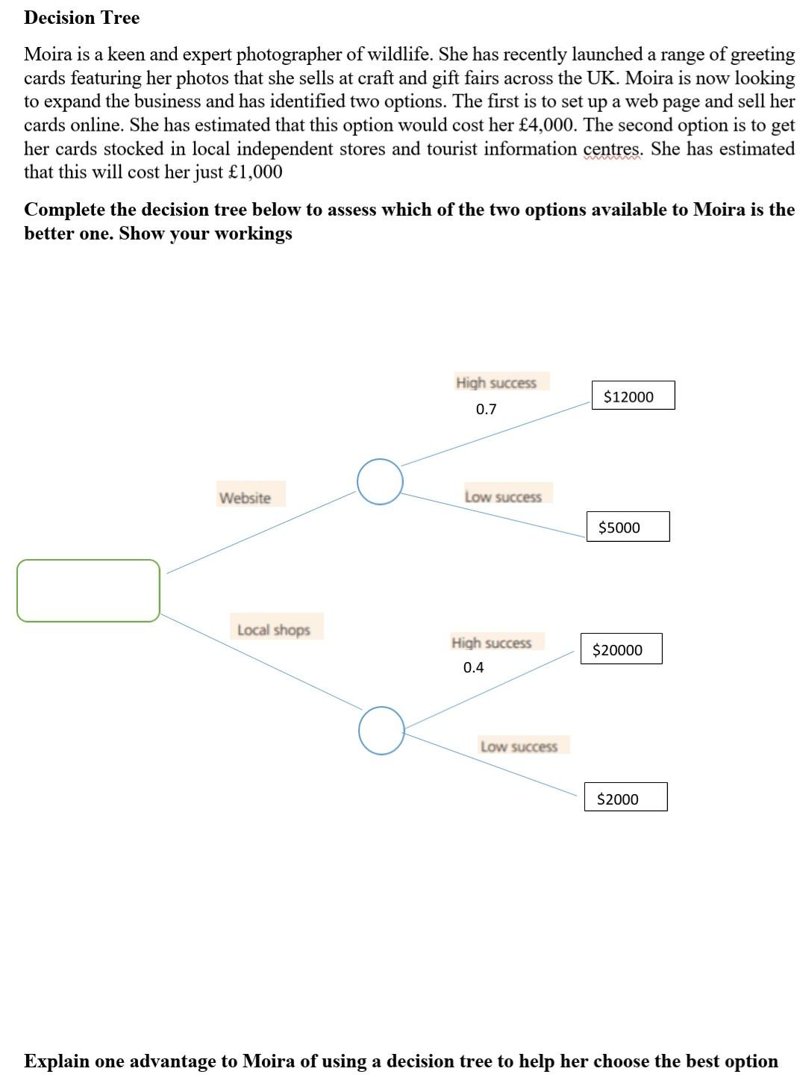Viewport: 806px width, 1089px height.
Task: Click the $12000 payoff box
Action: coord(633,396)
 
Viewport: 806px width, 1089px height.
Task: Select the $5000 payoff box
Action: coord(628,527)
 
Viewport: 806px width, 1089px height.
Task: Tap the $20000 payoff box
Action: coord(622,649)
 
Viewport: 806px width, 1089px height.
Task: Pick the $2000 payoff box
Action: coord(625,798)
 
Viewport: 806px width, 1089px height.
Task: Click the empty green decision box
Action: coord(88,590)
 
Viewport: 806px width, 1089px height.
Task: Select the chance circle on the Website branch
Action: coord(380,482)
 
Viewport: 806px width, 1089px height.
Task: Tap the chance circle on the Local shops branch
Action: coord(381,730)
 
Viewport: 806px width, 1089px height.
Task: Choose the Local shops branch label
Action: coord(273,629)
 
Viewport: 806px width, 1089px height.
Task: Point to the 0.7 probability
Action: coord(486,409)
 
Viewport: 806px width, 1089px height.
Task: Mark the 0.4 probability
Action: coord(473,667)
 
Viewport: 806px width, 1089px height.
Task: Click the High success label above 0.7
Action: coord(496,382)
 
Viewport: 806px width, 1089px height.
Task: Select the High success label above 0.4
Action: coord(492,642)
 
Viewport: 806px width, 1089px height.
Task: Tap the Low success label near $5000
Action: coord(503,496)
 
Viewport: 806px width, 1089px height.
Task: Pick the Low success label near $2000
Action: coord(519,746)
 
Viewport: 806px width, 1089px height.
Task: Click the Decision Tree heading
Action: coord(81,18)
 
